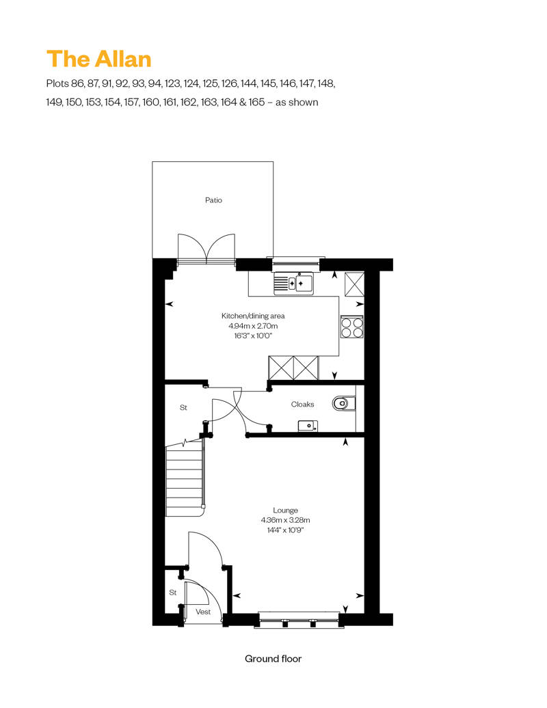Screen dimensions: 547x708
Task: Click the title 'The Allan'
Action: (99, 59)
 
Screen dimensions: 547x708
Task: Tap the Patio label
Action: (213, 200)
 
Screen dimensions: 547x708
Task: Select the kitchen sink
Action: (293, 283)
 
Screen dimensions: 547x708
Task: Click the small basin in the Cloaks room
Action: (308, 426)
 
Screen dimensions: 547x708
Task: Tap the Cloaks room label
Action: (302, 404)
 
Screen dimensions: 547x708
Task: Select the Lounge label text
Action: (286, 510)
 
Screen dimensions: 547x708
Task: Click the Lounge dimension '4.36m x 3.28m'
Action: (286, 520)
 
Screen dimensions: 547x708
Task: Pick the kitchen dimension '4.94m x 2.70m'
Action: (253, 326)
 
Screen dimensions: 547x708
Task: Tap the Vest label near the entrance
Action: (203, 612)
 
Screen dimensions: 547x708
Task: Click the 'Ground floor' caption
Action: (273, 659)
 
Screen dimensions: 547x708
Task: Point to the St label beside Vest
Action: (173, 593)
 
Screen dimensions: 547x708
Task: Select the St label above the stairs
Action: (183, 407)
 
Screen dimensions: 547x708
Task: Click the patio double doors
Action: (206, 248)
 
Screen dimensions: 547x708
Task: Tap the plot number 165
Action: (256, 102)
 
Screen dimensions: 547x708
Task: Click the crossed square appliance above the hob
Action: (354, 284)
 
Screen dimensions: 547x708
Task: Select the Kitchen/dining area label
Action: (253, 316)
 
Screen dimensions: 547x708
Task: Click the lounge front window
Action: (299, 619)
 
